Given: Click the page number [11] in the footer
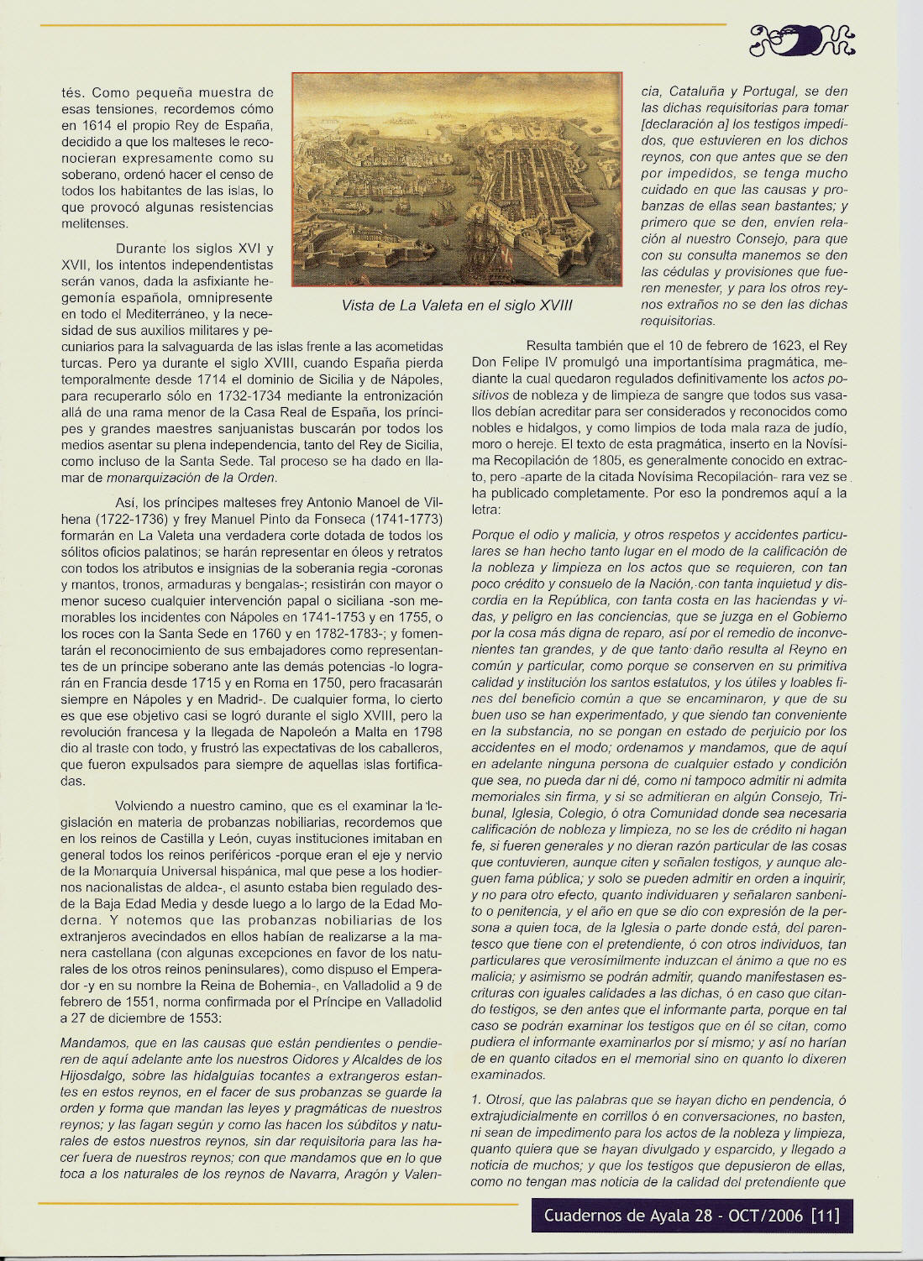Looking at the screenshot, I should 826,1215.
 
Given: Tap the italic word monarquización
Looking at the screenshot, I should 149,478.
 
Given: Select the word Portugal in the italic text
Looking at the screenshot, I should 763,91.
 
